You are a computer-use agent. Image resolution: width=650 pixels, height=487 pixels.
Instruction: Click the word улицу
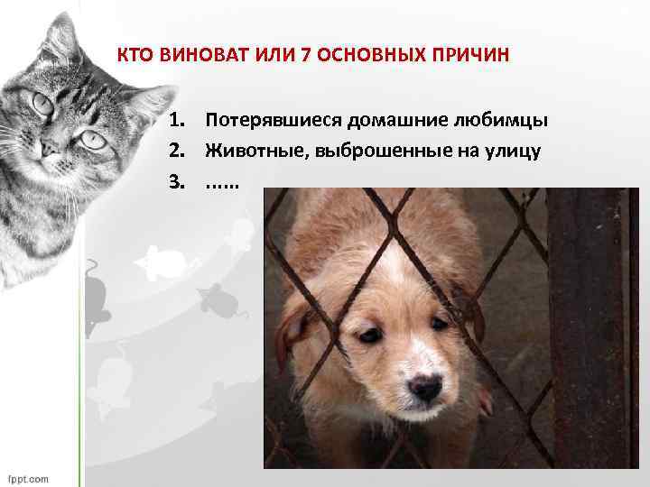(x=516, y=151)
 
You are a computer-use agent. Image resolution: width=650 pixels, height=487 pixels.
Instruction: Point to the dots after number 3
(x=222, y=183)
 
